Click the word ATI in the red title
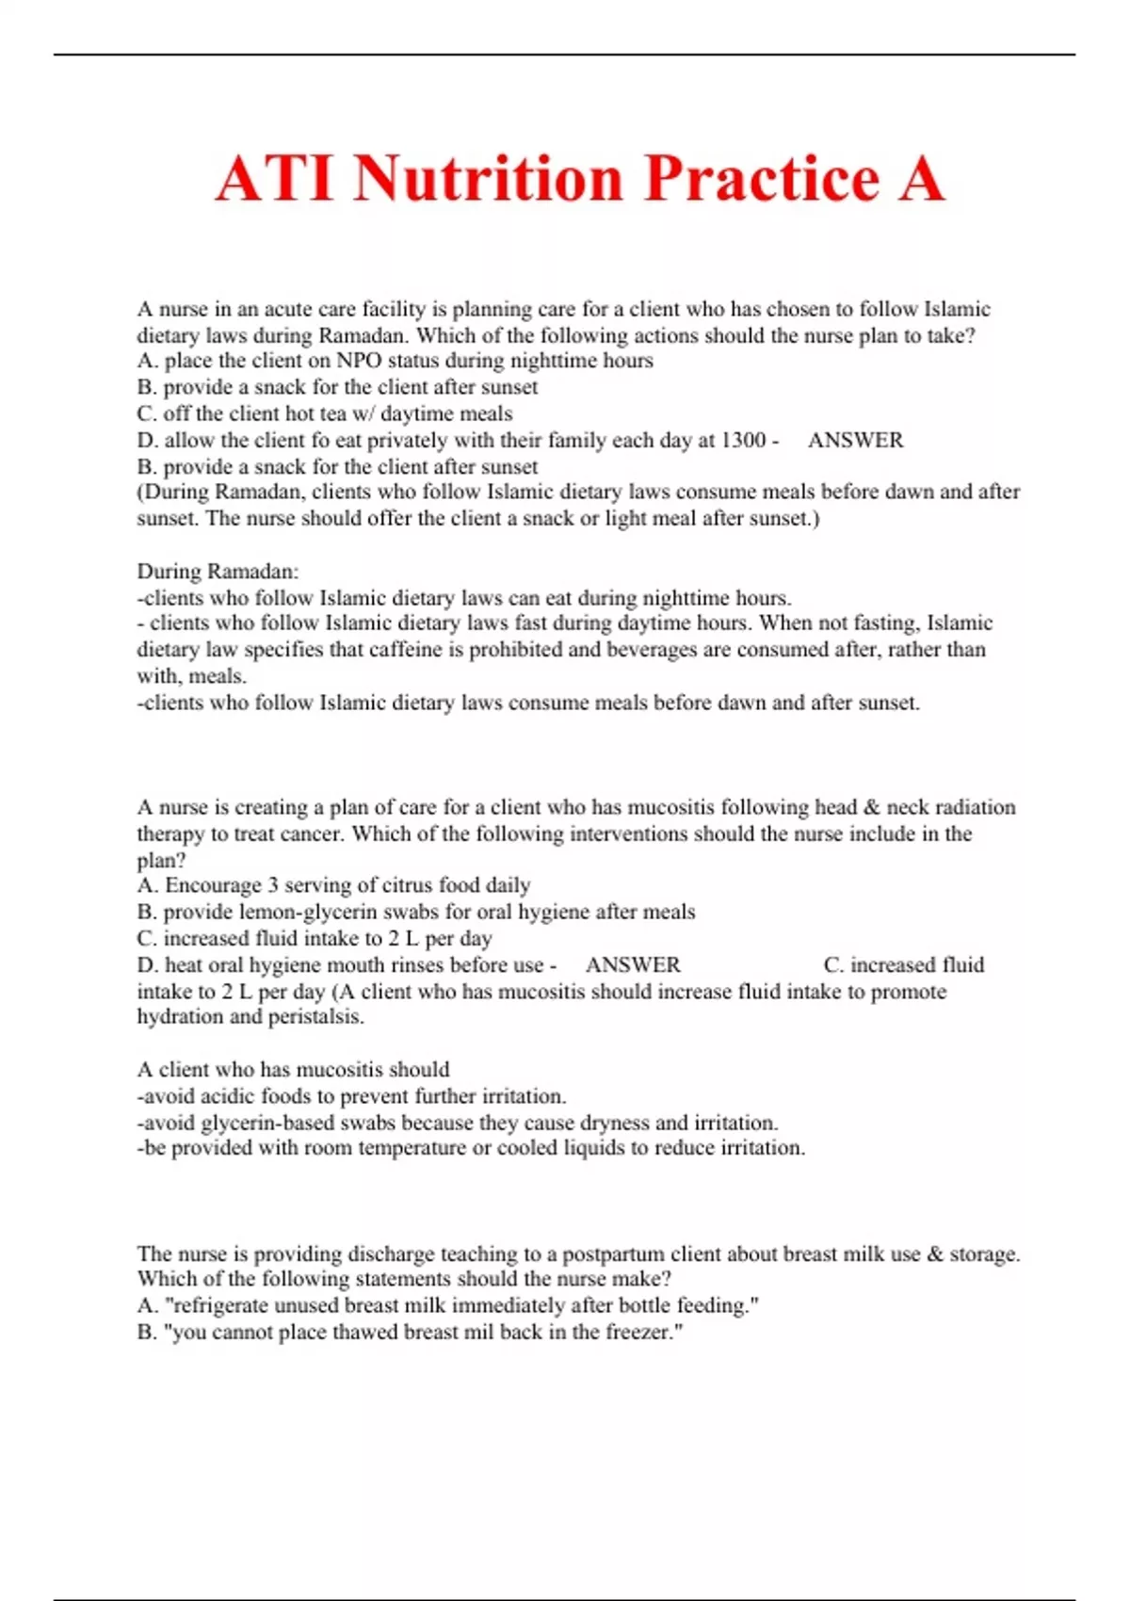click(275, 179)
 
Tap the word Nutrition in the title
click(489, 179)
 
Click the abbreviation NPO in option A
click(359, 361)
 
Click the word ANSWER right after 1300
click(855, 440)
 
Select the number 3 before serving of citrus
click(273, 885)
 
